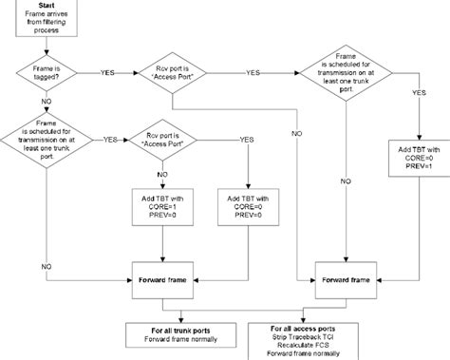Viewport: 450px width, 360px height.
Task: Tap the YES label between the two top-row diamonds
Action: coord(253,72)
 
